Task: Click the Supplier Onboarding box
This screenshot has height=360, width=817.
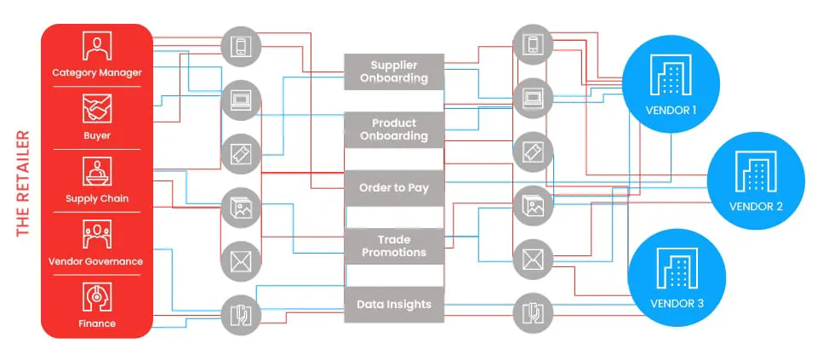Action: pyautogui.click(x=394, y=71)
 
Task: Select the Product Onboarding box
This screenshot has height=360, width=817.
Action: pyautogui.click(x=394, y=129)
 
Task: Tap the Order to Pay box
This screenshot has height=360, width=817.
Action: pyautogui.click(x=394, y=188)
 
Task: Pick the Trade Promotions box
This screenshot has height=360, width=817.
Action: pyautogui.click(x=394, y=246)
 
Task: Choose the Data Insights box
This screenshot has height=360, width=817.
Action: pyautogui.click(x=394, y=304)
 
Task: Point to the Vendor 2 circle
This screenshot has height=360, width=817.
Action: pyautogui.click(x=756, y=180)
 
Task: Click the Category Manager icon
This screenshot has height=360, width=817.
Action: pyautogui.click(x=97, y=46)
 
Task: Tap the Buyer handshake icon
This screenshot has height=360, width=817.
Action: pyautogui.click(x=97, y=109)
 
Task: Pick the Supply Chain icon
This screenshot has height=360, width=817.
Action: pyautogui.click(x=97, y=171)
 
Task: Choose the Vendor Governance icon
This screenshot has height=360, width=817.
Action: pyautogui.click(x=97, y=234)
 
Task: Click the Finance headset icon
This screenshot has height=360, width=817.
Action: pyautogui.click(x=97, y=297)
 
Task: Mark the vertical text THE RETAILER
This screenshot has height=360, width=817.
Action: pyautogui.click(x=22, y=183)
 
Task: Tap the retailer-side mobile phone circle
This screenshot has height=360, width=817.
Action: pyautogui.click(x=241, y=45)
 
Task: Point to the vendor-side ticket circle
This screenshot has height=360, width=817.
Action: pyautogui.click(x=533, y=152)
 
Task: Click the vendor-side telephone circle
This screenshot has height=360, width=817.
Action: pyautogui.click(x=533, y=314)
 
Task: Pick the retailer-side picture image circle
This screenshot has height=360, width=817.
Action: pyautogui.click(x=241, y=208)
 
